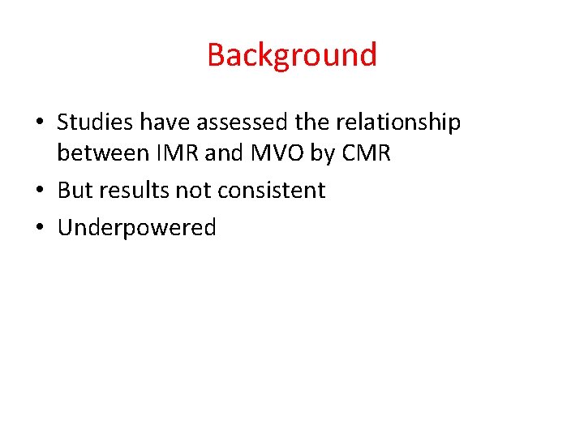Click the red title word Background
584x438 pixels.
[x=292, y=55]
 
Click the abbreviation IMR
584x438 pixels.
[x=161, y=152]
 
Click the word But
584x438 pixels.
[x=75, y=191]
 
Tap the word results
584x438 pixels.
[x=134, y=191]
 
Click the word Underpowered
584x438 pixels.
[x=137, y=228]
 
